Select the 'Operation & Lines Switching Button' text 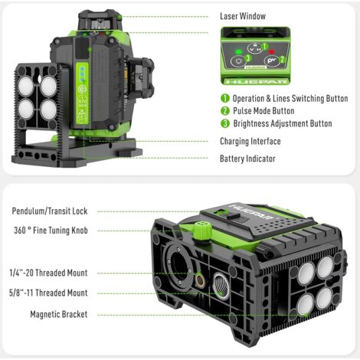click(x=290, y=98)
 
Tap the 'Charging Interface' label click(x=250, y=141)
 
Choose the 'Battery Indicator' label click(x=247, y=159)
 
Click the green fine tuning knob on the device click(x=201, y=229)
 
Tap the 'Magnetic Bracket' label click(x=58, y=314)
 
